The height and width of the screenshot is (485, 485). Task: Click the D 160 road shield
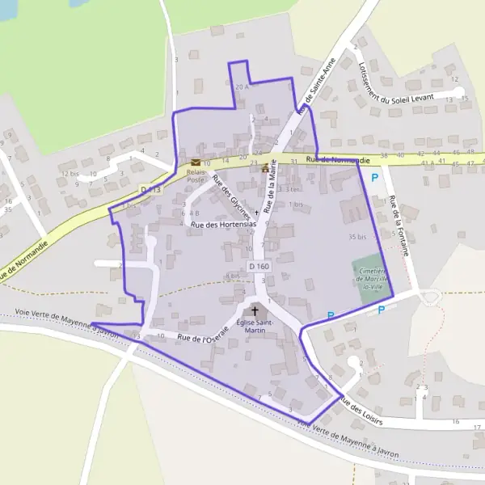(258, 266)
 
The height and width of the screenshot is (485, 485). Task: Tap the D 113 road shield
(150, 189)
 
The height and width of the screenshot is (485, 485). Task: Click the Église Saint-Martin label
(256, 326)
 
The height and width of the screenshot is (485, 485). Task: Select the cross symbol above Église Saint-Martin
(256, 310)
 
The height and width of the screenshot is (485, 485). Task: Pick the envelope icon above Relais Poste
(196, 162)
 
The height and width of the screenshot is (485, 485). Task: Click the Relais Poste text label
(196, 176)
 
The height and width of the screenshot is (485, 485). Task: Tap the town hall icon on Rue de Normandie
(265, 167)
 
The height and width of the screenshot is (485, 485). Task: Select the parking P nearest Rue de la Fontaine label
(374, 177)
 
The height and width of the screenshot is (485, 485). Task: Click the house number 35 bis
(357, 237)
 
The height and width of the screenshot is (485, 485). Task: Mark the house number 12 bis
(70, 173)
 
